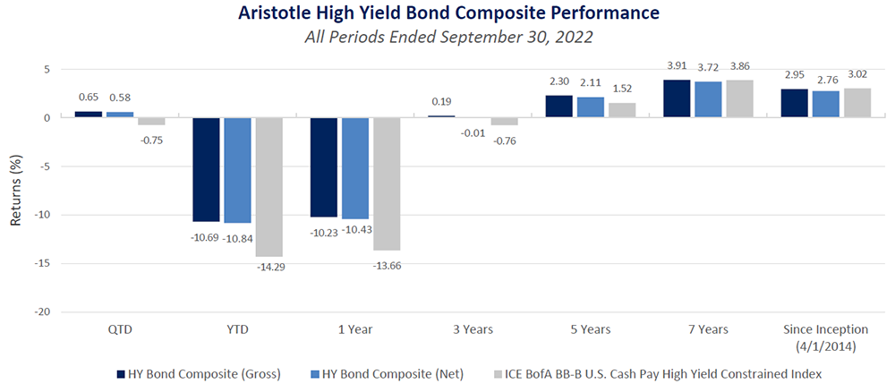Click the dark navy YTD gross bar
click(x=207, y=169)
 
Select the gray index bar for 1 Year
click(x=387, y=183)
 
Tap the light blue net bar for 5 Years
click(x=591, y=107)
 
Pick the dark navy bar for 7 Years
click(x=678, y=98)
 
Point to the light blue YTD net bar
click(x=237, y=170)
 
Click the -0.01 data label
click(x=472, y=133)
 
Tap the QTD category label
click(x=119, y=329)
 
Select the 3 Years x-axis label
click(x=472, y=329)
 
